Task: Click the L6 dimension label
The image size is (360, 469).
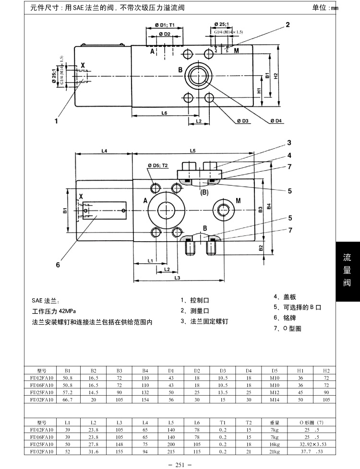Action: [164, 113]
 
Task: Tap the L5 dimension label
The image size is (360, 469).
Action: [192, 151]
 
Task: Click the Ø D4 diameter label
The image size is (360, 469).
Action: [276, 121]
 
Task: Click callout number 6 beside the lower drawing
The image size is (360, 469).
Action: [58, 264]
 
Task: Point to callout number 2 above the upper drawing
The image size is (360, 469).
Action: [288, 25]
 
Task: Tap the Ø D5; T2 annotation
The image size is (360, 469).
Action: [158, 165]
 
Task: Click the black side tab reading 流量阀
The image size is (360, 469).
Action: [347, 270]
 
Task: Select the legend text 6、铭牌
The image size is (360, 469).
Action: [284, 317]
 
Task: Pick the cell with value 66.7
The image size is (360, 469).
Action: [67, 399]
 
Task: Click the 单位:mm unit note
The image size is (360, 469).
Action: [325, 8]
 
